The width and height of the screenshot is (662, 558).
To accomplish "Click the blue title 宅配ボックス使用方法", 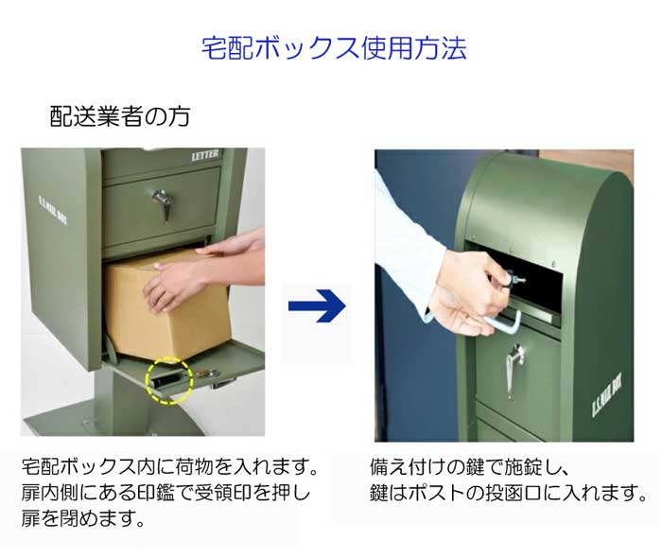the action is coord(334,48).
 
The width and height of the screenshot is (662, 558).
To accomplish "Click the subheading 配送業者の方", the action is coord(120,116).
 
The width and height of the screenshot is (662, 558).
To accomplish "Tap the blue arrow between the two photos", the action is coord(317,305).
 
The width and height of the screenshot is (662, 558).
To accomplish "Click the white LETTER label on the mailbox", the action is coord(205,155).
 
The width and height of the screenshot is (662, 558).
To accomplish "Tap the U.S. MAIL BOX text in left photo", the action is coord(53,210).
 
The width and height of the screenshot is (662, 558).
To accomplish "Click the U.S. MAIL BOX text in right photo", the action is coord(607,396).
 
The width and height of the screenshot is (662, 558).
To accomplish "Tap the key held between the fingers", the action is coord(512,278).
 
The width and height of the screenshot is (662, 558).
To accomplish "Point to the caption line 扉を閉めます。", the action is coord(83,518).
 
